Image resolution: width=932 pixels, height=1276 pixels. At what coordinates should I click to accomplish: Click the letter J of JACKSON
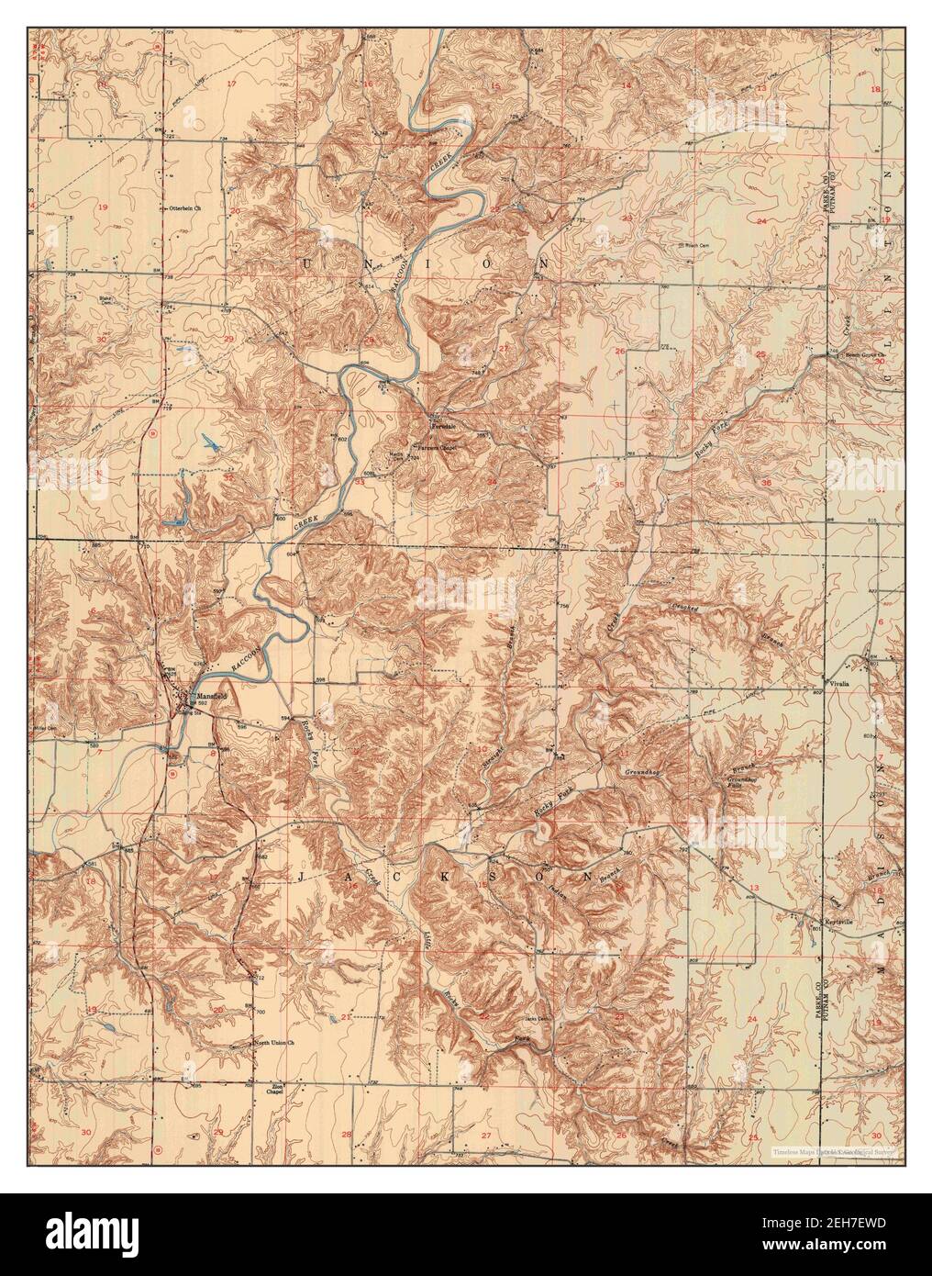(302, 878)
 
